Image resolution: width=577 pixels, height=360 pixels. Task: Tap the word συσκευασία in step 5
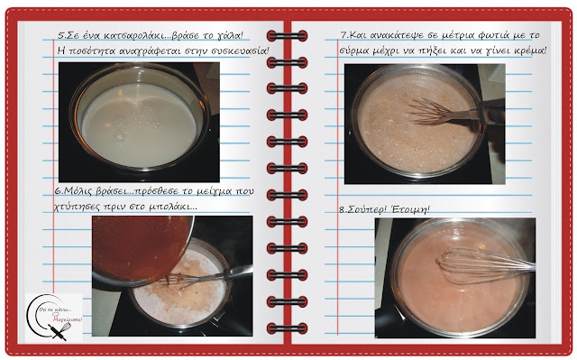[240, 51]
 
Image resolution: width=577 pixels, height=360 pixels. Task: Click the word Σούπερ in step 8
[367, 209]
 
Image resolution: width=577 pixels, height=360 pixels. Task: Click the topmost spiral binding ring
[287, 36]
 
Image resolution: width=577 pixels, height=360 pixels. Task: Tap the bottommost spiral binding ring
[287, 328]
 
